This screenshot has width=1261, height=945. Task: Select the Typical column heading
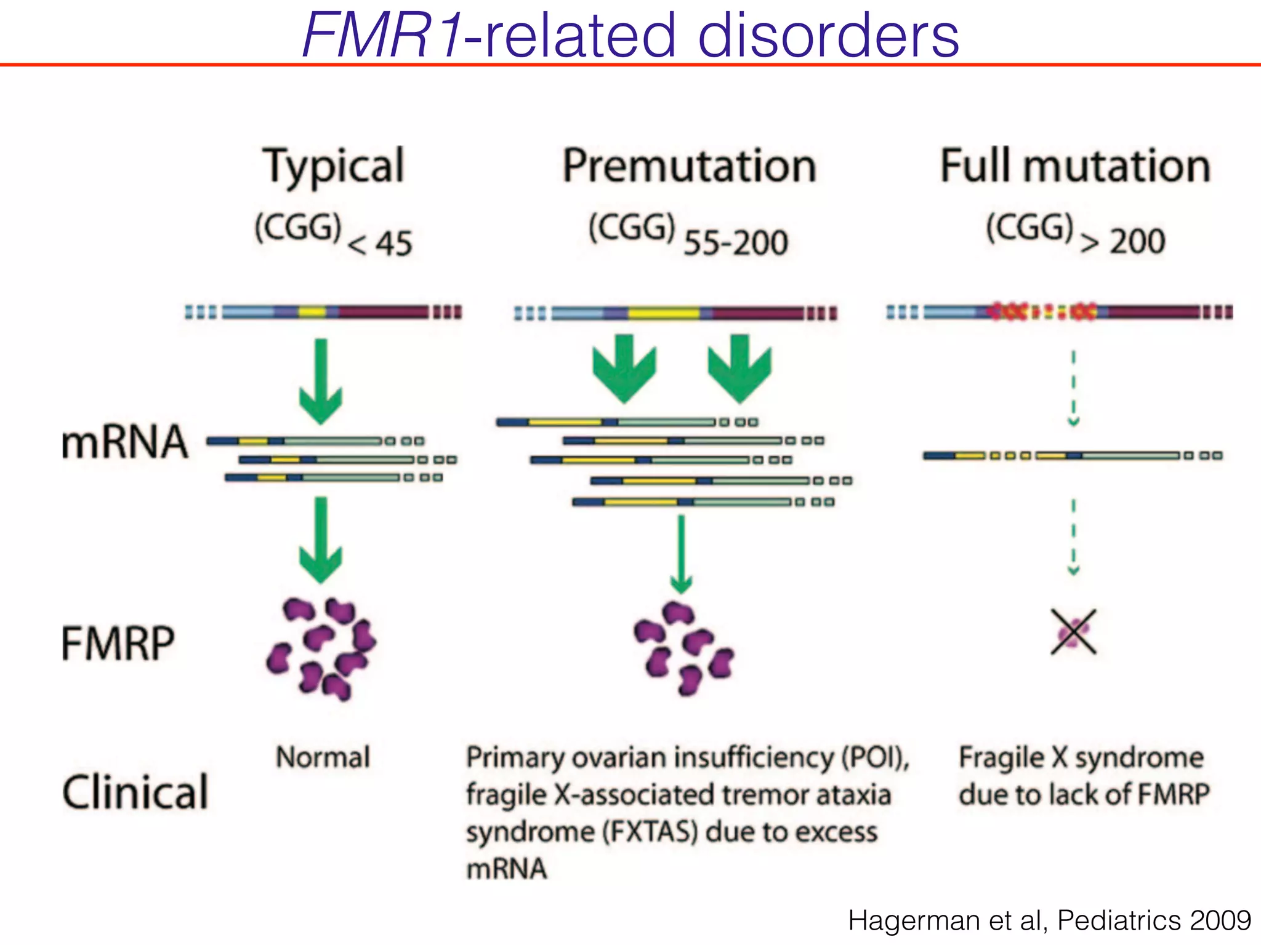pos(333,166)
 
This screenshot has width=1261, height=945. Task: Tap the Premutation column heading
pos(689,166)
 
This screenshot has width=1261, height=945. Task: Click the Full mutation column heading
pos(1075,166)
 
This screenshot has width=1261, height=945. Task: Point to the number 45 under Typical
pos(393,244)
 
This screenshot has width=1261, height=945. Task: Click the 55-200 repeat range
pos(735,242)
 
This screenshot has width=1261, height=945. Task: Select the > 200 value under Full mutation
pos(1122,241)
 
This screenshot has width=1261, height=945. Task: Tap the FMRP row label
pos(118,644)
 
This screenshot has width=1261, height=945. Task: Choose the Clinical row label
pos(135,791)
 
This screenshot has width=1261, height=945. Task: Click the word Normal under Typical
pos(323,757)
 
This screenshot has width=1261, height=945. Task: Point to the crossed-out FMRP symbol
pos(1073,632)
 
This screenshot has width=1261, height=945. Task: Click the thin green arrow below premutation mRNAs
pos(681,554)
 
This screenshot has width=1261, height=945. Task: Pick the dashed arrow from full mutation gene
pos(1073,388)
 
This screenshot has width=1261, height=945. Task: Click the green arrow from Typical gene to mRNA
pos(321,381)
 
